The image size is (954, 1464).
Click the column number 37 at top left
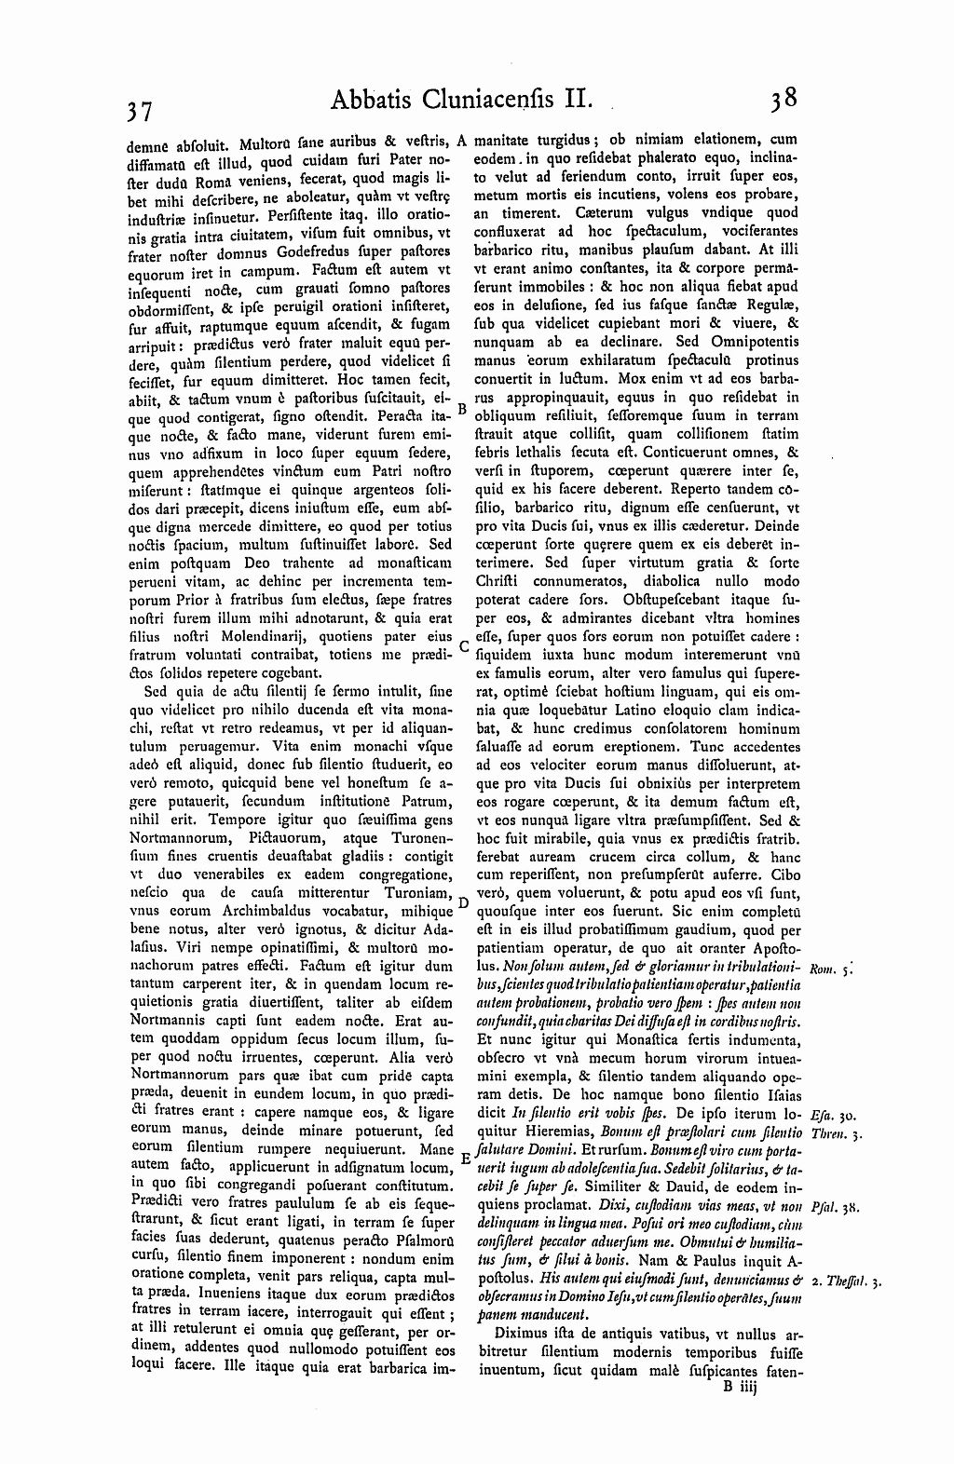tap(142, 111)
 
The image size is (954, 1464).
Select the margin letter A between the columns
tap(463, 142)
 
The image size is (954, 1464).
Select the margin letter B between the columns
tap(463, 407)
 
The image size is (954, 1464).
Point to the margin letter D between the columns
tap(463, 903)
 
